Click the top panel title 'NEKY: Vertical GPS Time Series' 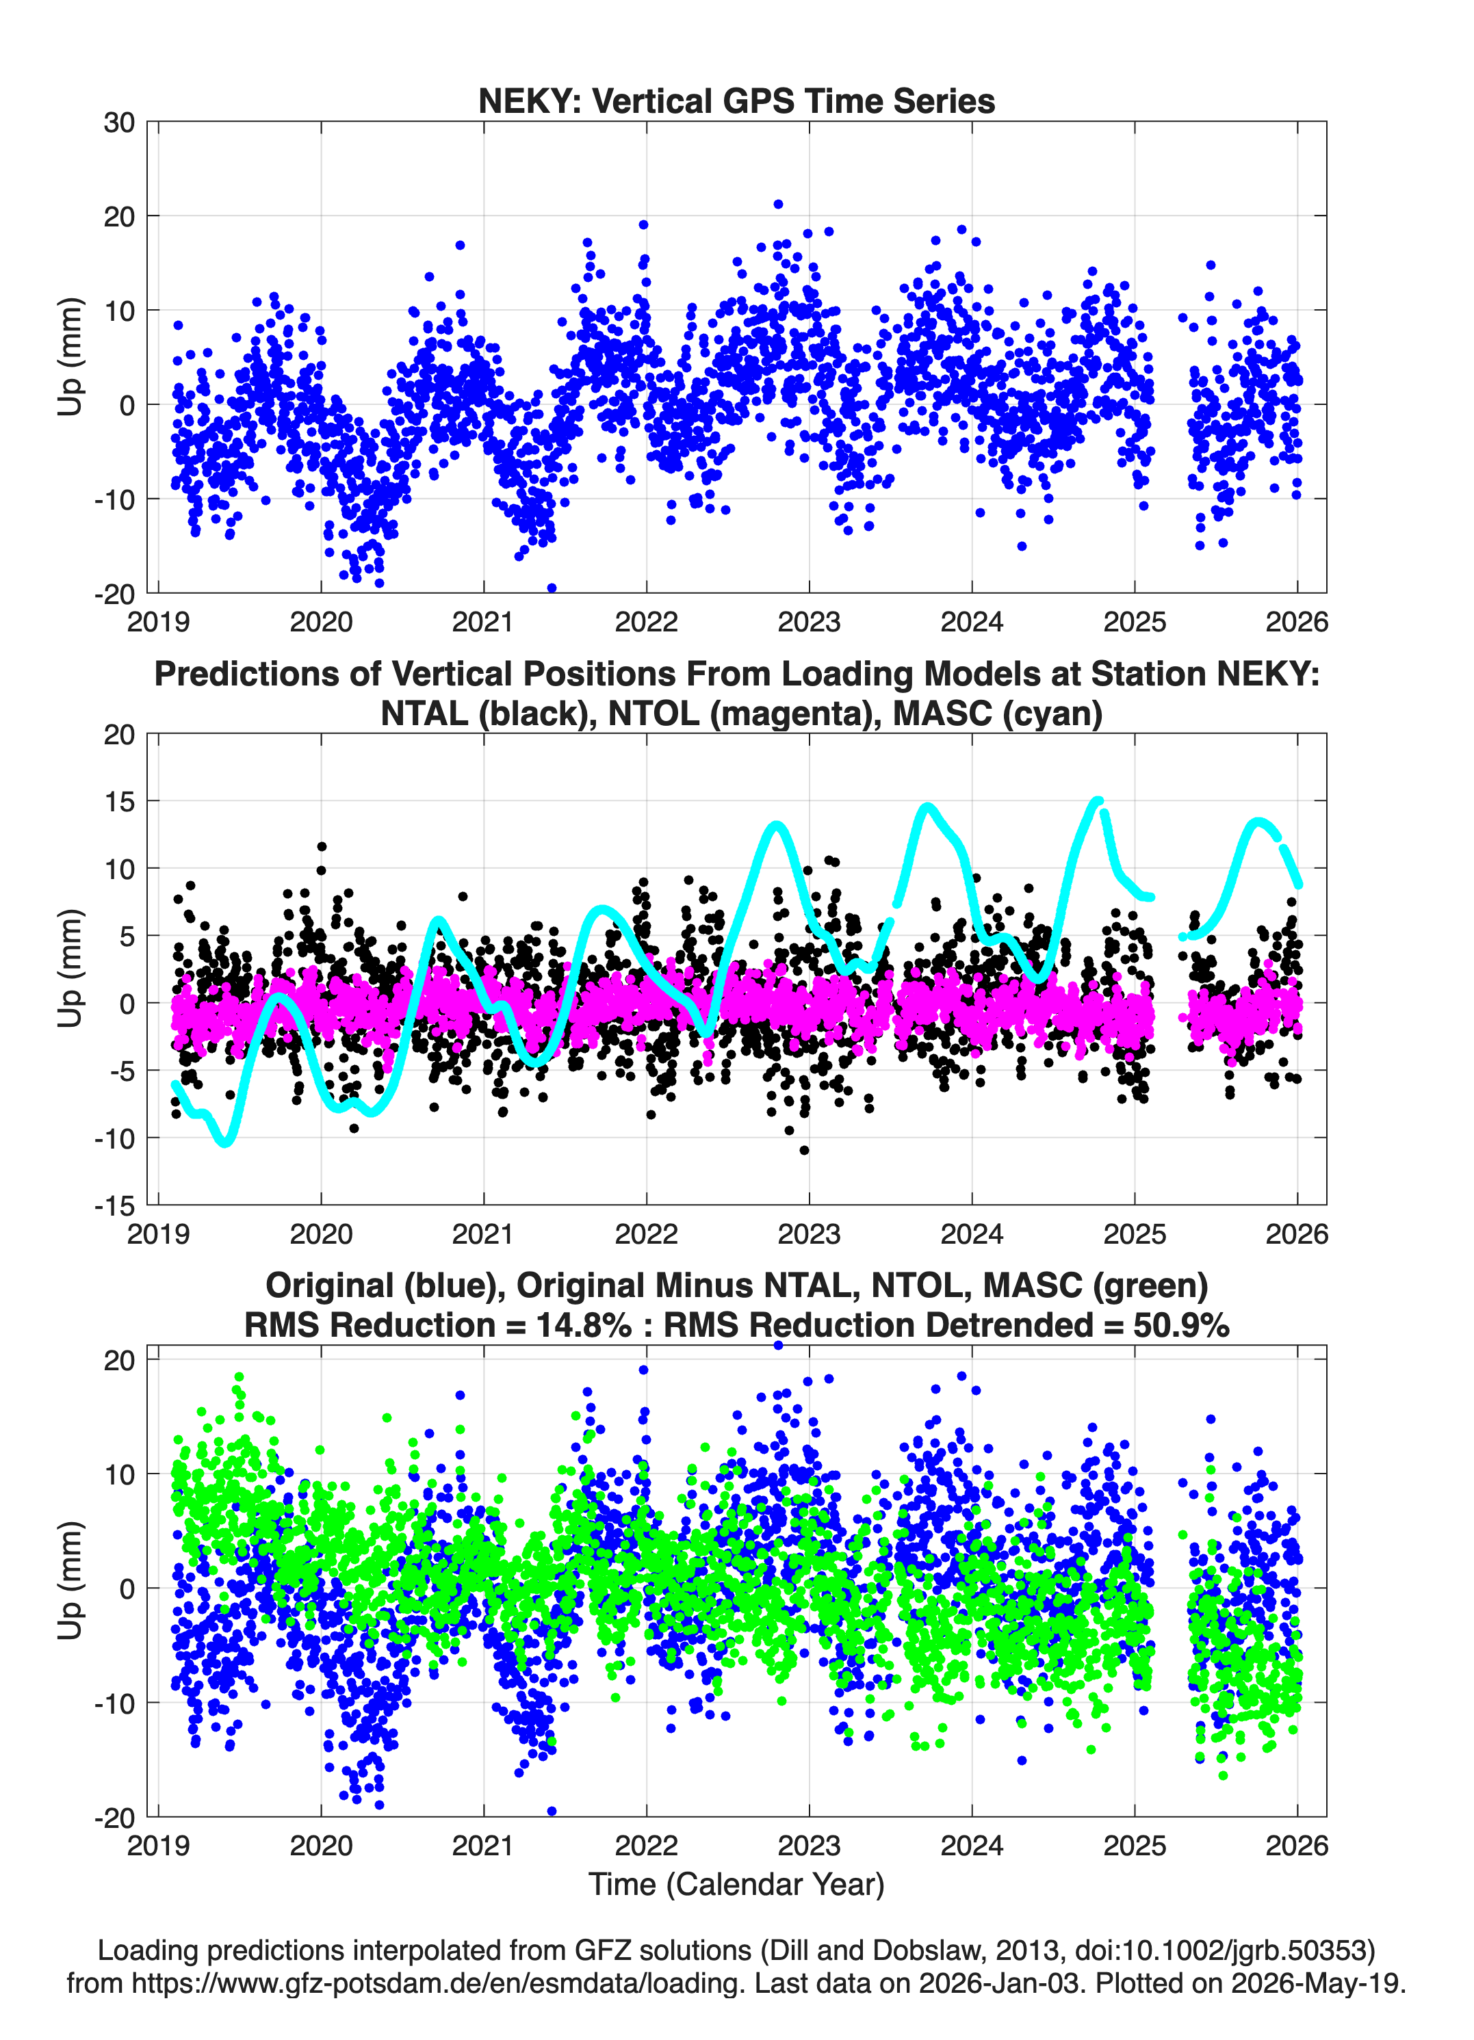(736, 101)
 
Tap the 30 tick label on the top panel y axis (119, 122)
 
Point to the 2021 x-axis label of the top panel (483, 622)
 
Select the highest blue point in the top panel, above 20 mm (778, 204)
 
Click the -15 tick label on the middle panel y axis (114, 1206)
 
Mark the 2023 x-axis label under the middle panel (809, 1234)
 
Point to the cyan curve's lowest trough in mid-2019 (225, 1141)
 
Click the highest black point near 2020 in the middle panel (321, 846)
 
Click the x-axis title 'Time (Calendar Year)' (736, 1883)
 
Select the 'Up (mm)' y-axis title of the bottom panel (70, 1580)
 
